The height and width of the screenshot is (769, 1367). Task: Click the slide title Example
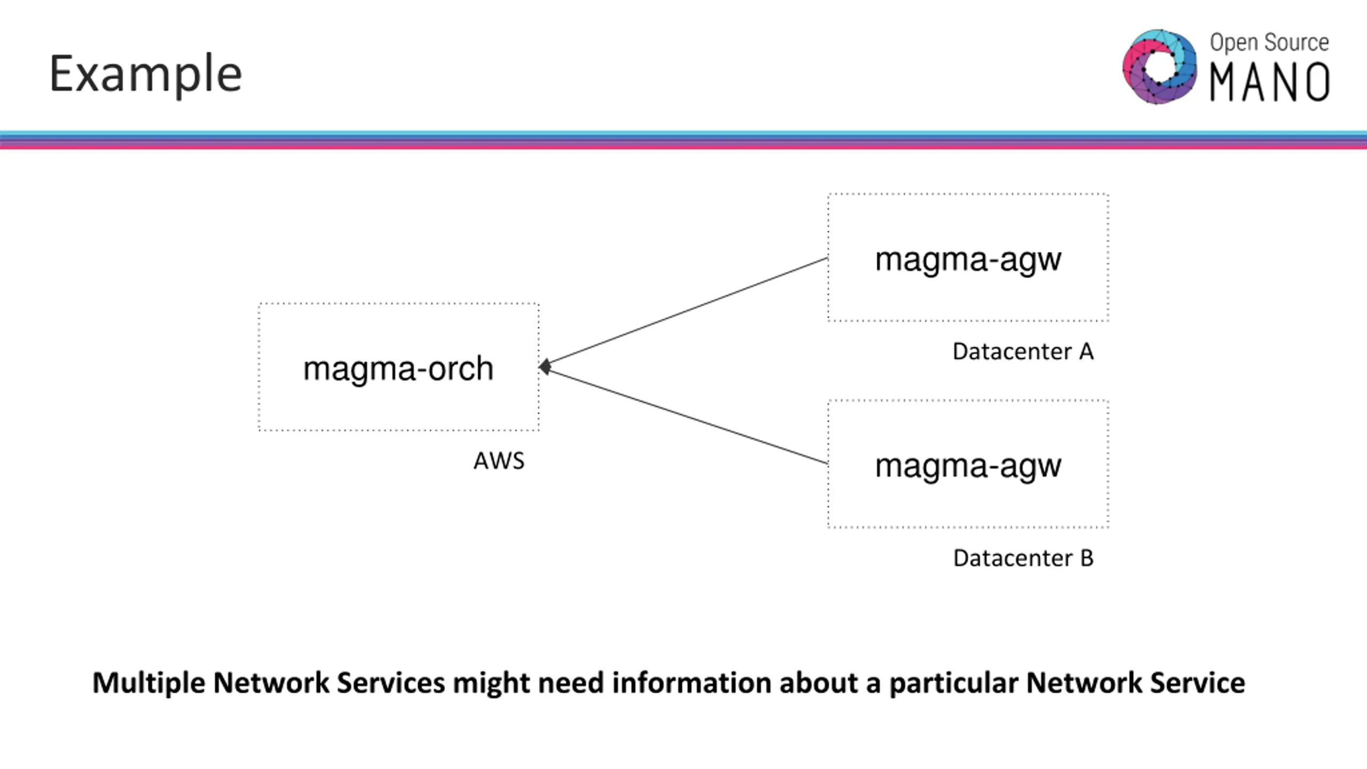point(146,74)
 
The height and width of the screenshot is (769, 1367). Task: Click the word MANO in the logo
point(1269,82)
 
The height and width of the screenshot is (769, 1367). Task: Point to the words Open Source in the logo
point(1269,42)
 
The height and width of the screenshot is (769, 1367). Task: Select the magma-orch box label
point(398,368)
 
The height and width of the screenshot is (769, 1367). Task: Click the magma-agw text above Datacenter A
point(968,260)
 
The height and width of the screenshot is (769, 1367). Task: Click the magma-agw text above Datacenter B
point(968,466)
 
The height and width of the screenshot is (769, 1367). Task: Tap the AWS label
point(499,461)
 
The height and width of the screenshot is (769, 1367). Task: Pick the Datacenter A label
point(1023,351)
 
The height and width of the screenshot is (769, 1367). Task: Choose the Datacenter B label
point(1023,558)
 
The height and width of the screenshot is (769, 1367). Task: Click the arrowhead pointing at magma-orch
point(545,367)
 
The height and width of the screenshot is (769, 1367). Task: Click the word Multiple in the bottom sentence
point(148,684)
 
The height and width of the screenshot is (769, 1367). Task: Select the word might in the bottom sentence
point(491,684)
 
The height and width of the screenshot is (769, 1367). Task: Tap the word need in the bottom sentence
point(571,682)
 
